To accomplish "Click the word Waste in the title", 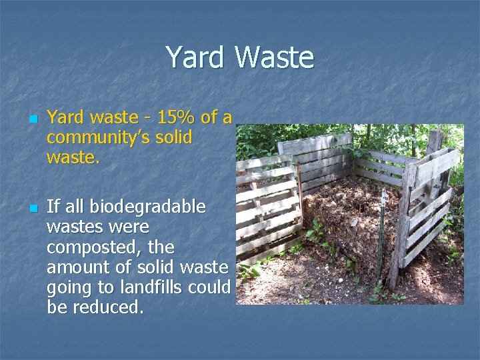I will point(274,57).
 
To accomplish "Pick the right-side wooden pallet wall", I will point(427,213).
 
